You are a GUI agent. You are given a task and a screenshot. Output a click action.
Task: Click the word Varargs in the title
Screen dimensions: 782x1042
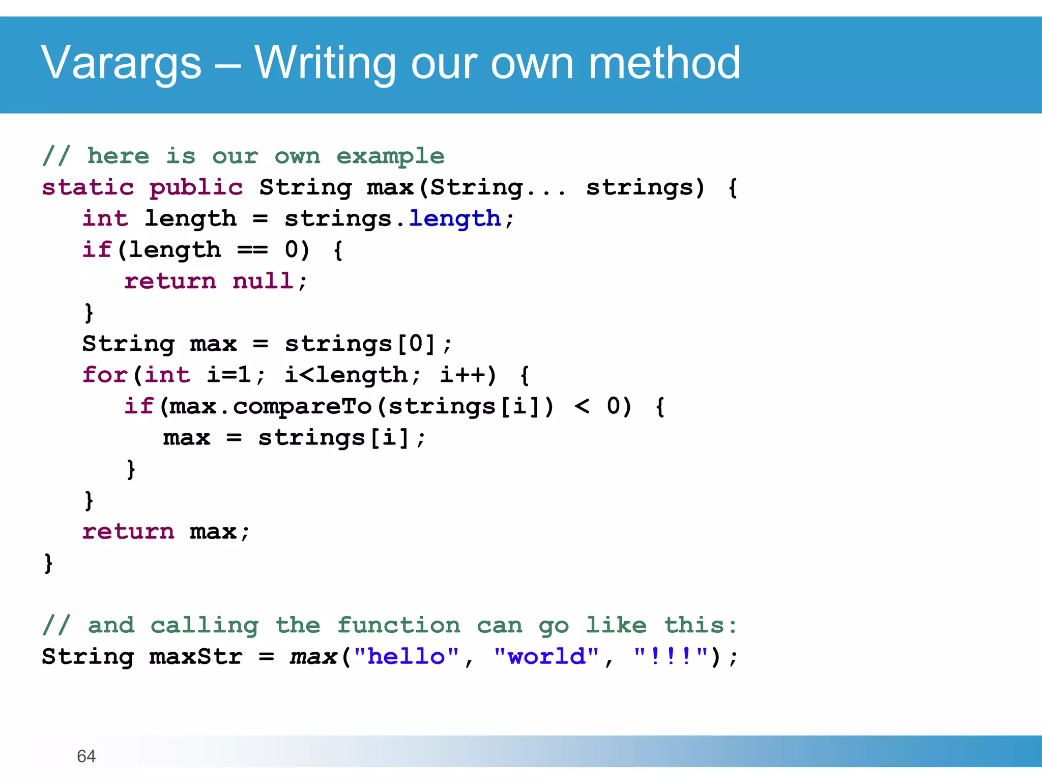121,63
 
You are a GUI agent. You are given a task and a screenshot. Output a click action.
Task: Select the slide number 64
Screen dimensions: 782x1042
86,756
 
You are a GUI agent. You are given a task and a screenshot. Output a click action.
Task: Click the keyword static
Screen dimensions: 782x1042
88,187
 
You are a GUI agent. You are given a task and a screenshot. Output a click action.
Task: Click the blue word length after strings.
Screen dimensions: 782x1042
455,219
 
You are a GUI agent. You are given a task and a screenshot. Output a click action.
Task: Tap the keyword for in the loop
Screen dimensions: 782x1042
105,375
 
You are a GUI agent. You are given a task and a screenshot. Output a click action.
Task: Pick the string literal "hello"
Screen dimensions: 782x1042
406,656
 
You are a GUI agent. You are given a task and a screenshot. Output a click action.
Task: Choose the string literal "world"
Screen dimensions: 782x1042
546,656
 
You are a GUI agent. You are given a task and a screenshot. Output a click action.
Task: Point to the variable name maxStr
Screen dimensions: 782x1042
196,656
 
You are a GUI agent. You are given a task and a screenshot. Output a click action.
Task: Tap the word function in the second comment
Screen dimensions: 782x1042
398,625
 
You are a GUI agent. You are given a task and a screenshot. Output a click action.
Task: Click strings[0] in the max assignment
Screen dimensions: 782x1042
360,344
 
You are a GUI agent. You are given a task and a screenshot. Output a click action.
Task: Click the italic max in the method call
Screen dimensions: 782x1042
313,656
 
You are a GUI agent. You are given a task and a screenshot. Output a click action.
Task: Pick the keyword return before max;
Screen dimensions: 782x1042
128,532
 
